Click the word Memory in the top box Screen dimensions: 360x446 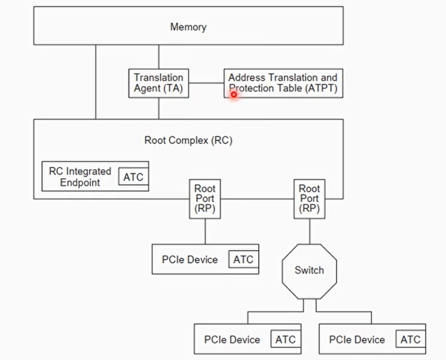click(x=188, y=27)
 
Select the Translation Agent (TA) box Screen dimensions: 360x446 click(x=158, y=83)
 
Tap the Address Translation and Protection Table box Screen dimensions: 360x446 click(x=283, y=83)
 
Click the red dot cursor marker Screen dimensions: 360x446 click(x=234, y=94)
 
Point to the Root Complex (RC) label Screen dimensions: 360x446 click(x=188, y=141)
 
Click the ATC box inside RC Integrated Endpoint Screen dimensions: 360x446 click(x=133, y=177)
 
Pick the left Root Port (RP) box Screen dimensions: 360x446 click(x=204, y=199)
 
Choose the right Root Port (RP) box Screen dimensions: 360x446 click(x=309, y=199)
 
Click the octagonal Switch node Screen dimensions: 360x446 click(x=309, y=270)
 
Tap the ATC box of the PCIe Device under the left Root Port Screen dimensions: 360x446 click(x=243, y=260)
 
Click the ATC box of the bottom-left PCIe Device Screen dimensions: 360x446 click(x=285, y=339)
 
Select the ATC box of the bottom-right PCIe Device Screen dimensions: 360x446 click(x=410, y=339)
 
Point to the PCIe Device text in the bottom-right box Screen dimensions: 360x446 click(x=357, y=340)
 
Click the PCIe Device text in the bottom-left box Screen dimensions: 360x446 click(x=232, y=340)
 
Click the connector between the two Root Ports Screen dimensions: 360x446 click(x=256, y=199)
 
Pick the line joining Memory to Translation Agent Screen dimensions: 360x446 click(x=158, y=57)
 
